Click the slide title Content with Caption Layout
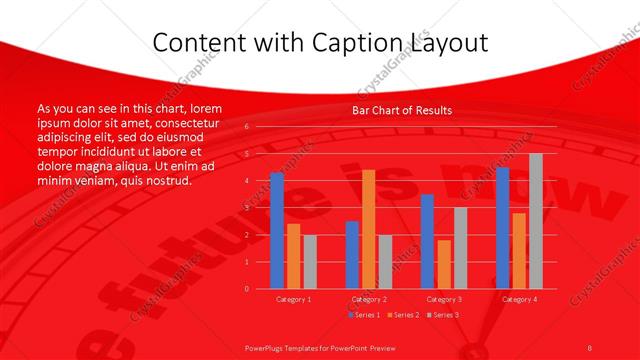click(x=319, y=43)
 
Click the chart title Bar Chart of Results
click(x=402, y=110)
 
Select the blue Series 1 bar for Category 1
click(x=277, y=230)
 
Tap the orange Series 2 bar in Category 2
click(x=368, y=229)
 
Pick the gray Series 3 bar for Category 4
click(x=536, y=221)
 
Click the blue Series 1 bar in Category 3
click(x=427, y=241)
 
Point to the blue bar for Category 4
click(x=503, y=228)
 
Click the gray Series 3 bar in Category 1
click(x=310, y=261)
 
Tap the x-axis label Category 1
click(x=293, y=299)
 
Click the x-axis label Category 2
click(x=368, y=299)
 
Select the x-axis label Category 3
click(x=443, y=299)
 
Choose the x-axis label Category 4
click(x=519, y=299)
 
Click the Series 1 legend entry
click(x=364, y=315)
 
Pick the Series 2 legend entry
click(x=404, y=315)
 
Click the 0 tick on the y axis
click(x=246, y=288)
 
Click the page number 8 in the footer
click(x=589, y=347)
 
